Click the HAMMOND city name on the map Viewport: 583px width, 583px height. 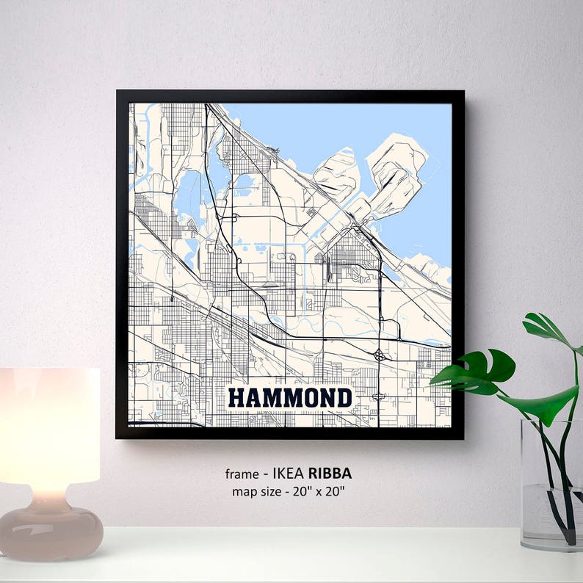290,398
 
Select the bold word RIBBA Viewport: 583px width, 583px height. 330,474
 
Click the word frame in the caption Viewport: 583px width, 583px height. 242,474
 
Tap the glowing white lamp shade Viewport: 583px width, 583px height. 49,426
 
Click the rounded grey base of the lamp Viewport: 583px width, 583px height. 50,530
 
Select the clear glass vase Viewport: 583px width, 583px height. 551,485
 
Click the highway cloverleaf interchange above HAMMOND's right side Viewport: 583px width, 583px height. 379,355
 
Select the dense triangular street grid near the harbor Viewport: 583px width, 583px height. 351,253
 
